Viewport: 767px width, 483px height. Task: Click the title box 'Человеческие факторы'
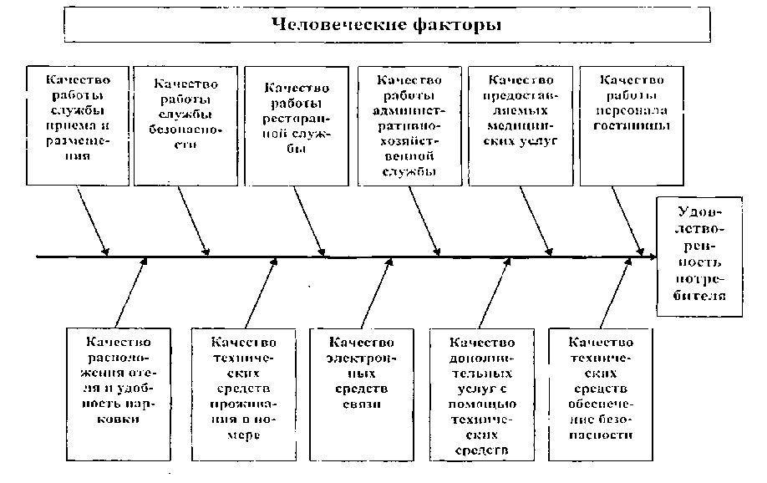pos(388,24)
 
